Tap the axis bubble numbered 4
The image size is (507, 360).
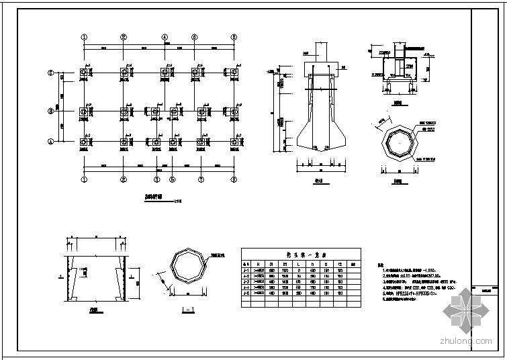tap(165, 38)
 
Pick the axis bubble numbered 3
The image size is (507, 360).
tap(156, 180)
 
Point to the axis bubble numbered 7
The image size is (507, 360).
tap(201, 180)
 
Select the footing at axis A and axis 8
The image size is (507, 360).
tap(234, 142)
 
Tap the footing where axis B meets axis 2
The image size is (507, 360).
tap(124, 111)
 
